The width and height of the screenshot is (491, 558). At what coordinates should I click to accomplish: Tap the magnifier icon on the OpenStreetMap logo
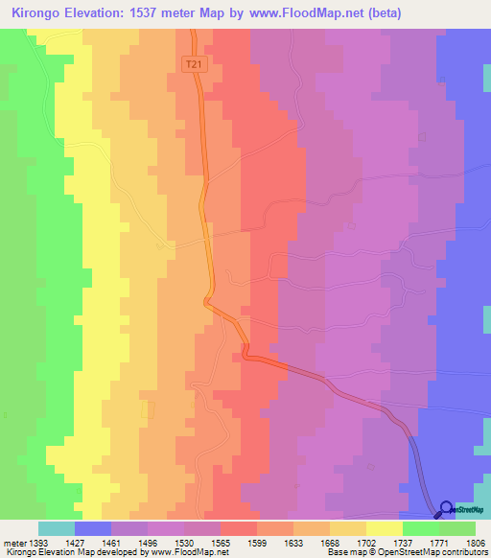447,509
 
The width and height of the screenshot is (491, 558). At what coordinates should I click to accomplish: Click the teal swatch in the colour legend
57,528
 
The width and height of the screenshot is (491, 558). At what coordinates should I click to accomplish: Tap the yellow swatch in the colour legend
385,528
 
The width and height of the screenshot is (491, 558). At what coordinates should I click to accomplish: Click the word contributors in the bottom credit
464,552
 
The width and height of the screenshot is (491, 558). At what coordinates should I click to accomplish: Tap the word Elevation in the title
100,13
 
